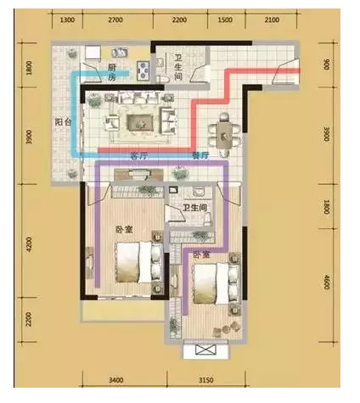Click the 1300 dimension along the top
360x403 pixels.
click(68, 18)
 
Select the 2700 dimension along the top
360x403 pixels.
click(116, 18)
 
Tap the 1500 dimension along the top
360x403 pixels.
click(225, 18)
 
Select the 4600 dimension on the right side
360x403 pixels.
click(325, 281)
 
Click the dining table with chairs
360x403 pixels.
click(223, 131)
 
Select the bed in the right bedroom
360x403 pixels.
click(211, 283)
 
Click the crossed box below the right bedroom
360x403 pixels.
click(205, 350)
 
